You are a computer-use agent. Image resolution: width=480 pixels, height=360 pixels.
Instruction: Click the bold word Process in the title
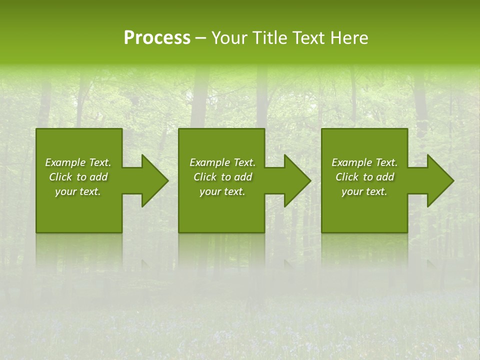157,38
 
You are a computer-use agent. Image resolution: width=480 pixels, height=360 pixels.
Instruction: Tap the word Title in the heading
270,38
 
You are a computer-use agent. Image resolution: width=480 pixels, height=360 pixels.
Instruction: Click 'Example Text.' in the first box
78,162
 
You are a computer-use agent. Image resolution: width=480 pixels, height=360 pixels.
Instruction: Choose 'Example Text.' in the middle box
222,162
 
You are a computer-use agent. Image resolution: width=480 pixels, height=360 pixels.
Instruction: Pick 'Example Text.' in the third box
364,162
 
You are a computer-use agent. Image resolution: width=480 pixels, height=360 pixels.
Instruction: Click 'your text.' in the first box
78,191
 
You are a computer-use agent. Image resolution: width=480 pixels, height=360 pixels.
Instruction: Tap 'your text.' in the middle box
222,191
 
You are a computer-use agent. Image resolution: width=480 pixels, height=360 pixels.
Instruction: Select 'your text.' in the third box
364,191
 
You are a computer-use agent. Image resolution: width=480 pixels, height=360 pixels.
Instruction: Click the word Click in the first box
60,177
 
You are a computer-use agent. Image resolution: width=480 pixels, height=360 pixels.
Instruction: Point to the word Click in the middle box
205,177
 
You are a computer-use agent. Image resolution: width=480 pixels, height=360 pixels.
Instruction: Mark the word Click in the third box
347,177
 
